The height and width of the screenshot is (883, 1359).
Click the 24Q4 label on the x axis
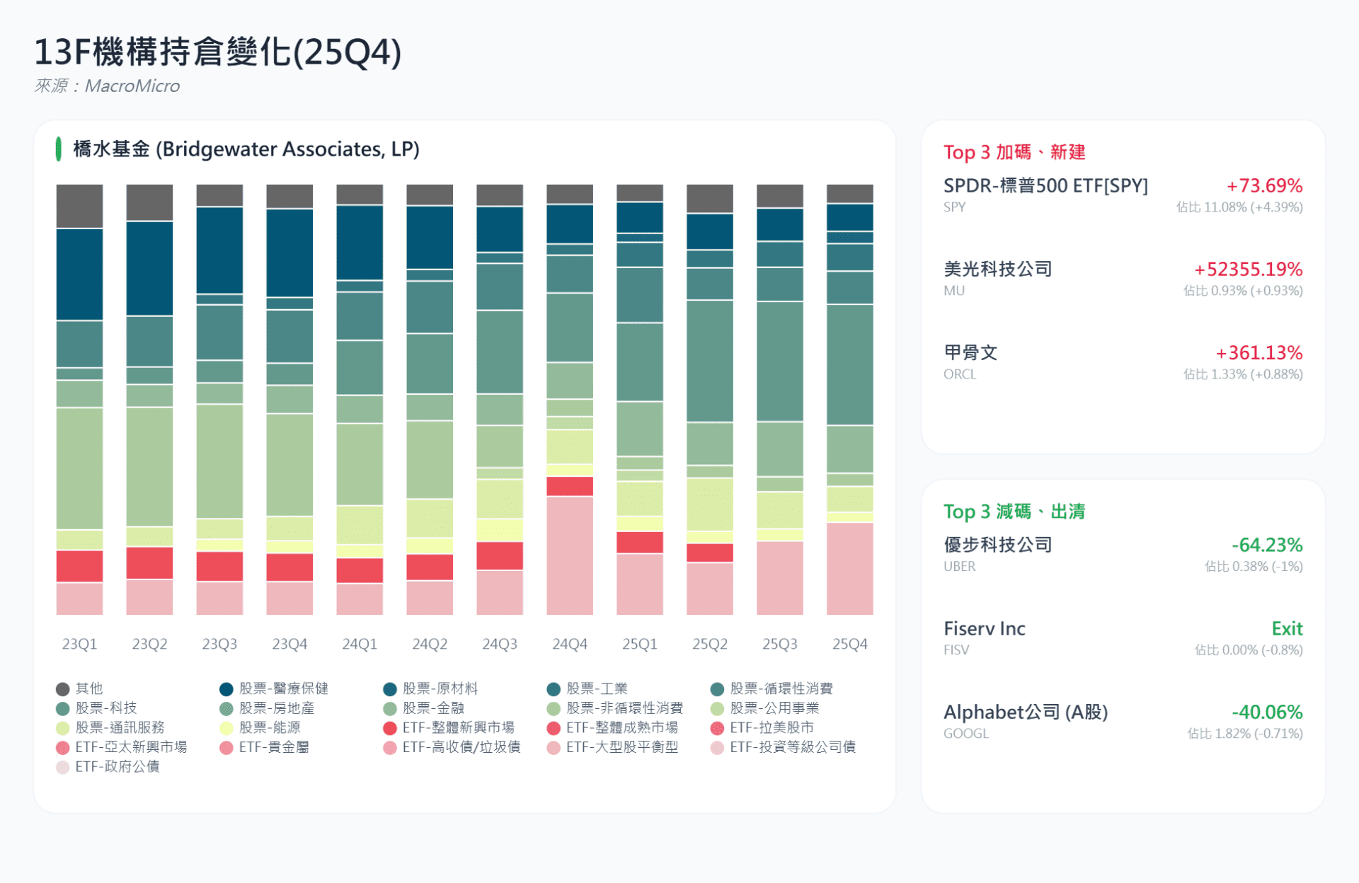click(570, 644)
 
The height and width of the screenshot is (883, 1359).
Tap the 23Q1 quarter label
click(79, 644)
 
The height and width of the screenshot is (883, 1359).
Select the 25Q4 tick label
click(849, 644)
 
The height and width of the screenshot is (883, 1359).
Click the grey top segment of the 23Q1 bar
click(79, 206)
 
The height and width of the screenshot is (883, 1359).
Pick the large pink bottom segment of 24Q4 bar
click(570, 555)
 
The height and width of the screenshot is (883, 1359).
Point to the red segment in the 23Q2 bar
click(149, 562)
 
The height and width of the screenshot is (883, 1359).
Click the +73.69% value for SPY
click(1264, 186)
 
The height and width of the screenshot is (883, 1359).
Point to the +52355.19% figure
click(1248, 270)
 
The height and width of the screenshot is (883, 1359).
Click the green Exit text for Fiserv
click(1287, 628)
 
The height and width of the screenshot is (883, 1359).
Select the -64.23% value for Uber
click(1266, 545)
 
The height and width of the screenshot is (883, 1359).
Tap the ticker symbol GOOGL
click(965, 734)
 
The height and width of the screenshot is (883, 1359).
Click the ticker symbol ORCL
click(959, 374)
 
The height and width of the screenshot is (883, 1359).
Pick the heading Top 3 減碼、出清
click(1014, 512)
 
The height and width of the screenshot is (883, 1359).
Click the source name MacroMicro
click(132, 86)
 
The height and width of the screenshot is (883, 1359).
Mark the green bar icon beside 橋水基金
click(59, 149)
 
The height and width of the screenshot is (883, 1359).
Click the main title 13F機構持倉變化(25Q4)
click(218, 52)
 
